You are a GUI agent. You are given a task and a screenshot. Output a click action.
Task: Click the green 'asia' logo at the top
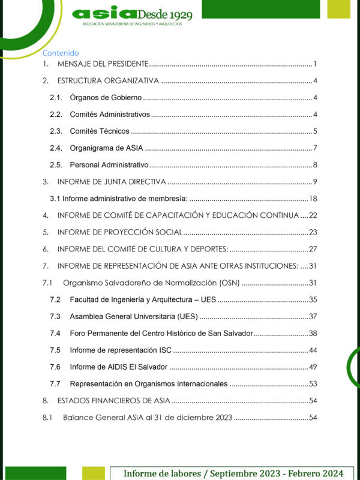103,13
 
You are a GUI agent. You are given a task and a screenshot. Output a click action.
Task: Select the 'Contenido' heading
61,53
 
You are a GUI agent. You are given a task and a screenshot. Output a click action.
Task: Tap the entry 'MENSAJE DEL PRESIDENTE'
103,64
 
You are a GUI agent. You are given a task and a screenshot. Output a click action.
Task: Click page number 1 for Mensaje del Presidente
314,64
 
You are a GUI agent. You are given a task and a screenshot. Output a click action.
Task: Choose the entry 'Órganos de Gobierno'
106,98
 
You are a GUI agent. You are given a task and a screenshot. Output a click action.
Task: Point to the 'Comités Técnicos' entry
100,131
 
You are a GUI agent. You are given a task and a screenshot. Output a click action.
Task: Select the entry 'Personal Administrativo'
109,165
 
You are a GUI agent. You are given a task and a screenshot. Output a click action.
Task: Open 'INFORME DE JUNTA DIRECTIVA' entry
112,182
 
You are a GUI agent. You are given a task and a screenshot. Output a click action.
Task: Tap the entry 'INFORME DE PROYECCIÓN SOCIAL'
119,232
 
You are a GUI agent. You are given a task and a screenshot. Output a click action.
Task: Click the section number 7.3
55,316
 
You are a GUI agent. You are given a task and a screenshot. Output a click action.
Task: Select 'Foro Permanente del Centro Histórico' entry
161,333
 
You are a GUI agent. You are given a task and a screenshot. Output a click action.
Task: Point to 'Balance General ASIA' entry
148,417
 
